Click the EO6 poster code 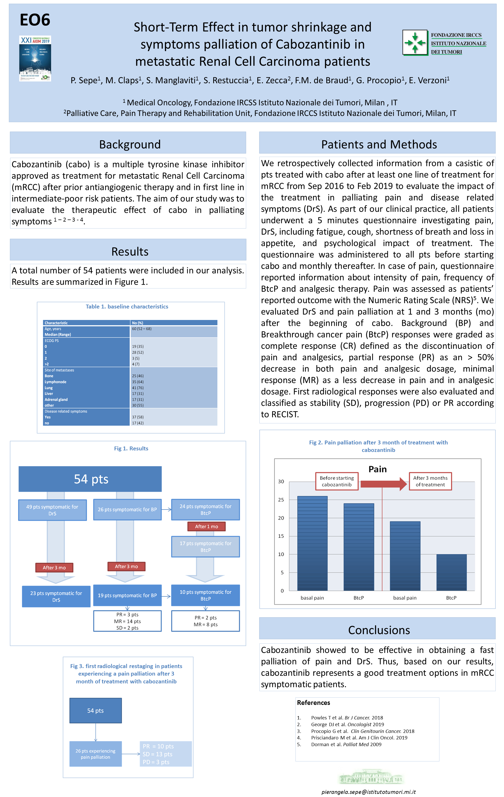(35, 20)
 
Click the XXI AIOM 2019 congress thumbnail (35, 58)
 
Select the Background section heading (130, 144)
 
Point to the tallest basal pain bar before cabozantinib (312, 543)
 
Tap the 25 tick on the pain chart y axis (281, 500)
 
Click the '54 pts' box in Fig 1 (90, 479)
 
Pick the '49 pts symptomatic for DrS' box (52, 510)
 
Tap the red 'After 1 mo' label (206, 526)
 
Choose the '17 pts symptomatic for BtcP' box (205, 546)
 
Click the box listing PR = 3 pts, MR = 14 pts (127, 621)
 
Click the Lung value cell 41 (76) (138, 388)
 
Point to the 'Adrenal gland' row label (56, 400)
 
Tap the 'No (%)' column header (138, 323)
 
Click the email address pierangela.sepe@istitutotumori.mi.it (368, 792)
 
